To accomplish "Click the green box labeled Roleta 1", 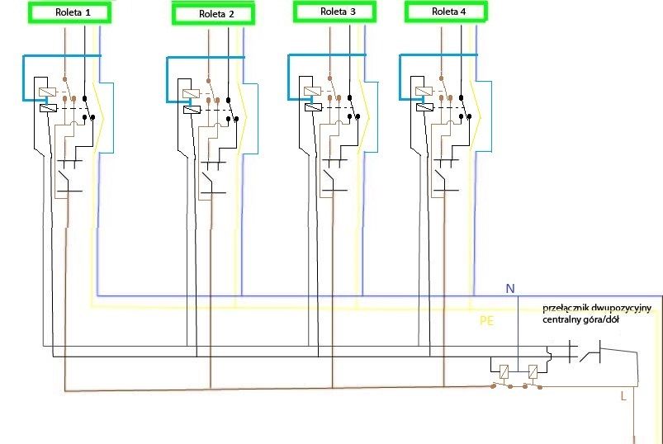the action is pyautogui.click(x=69, y=12).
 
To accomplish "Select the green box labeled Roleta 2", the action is pyautogui.click(x=214, y=14).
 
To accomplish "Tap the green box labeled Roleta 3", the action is pyautogui.click(x=335, y=12).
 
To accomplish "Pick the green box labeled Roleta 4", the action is pyautogui.click(x=446, y=12).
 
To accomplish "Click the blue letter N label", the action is pyautogui.click(x=510, y=289).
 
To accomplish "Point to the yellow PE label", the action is pyautogui.click(x=486, y=321).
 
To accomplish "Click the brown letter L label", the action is pyautogui.click(x=623, y=396).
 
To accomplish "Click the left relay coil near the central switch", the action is pyautogui.click(x=504, y=371).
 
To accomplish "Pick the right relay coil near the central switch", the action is pyautogui.click(x=533, y=371).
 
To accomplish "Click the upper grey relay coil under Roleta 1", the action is pyautogui.click(x=47, y=92).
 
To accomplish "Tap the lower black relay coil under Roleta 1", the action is pyautogui.click(x=48, y=108).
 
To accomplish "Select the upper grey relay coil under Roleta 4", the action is pyautogui.click(x=424, y=92).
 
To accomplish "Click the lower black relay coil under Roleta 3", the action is pyautogui.click(x=313, y=107).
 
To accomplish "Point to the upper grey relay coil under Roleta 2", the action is pyautogui.click(x=191, y=94).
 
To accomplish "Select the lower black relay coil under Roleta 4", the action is pyautogui.click(x=425, y=107).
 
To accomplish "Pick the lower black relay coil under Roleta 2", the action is pyautogui.click(x=192, y=110).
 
